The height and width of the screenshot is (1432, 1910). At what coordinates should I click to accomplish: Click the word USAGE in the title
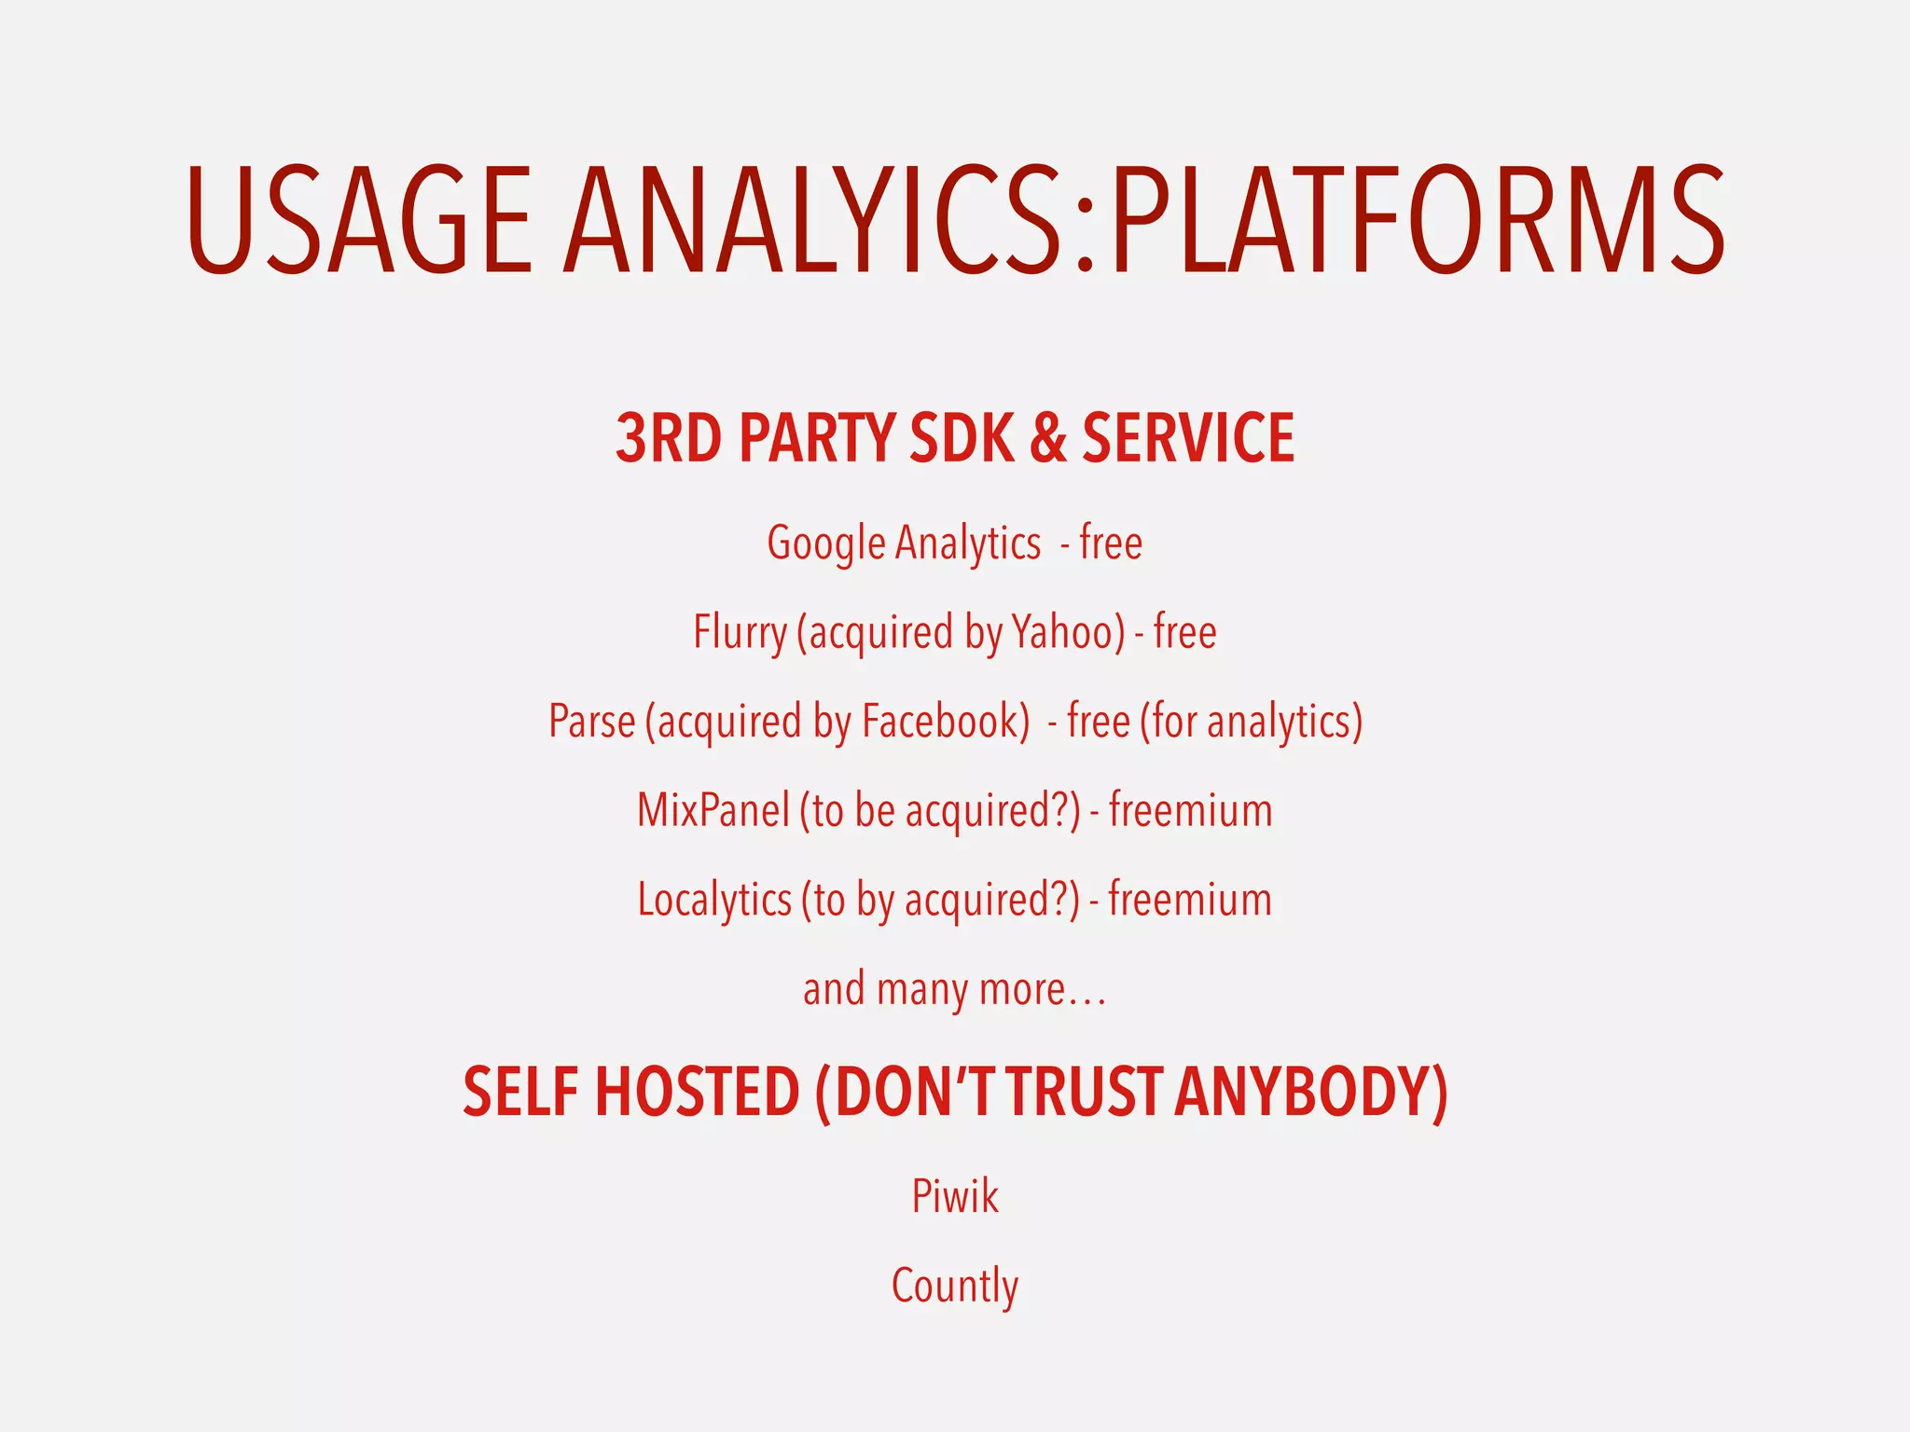[x=359, y=220]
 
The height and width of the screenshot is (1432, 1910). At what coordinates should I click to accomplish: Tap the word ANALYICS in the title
[x=813, y=220]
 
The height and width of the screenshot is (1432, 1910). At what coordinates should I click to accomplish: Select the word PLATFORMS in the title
[x=1418, y=220]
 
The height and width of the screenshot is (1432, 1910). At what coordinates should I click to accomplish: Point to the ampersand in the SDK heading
[x=1048, y=438]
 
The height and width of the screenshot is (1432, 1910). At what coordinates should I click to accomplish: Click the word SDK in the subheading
[x=962, y=438]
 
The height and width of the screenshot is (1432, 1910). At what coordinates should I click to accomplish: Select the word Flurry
[x=740, y=633]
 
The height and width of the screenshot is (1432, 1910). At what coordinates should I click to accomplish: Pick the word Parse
[x=591, y=722]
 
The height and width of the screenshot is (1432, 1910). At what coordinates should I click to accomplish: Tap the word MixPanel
[x=713, y=810]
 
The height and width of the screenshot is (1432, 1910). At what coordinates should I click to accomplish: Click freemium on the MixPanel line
[x=1190, y=810]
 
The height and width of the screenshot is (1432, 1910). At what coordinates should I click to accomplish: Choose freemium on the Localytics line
[x=1190, y=900]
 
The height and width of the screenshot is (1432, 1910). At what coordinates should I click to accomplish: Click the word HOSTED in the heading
[x=697, y=1092]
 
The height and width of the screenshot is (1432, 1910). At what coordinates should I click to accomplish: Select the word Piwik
[x=955, y=1196]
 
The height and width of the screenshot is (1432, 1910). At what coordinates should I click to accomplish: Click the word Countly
[x=955, y=1287]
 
